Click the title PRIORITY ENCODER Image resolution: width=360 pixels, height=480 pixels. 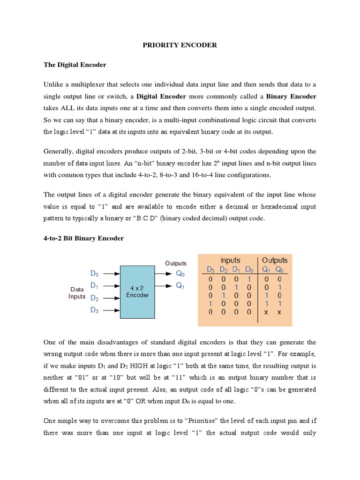pos(180,45)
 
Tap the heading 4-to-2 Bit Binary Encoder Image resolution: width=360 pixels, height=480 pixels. pos(83,238)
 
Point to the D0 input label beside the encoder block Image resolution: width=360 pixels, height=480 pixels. pos(95,273)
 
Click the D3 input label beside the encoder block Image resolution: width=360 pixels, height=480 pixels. pos(95,310)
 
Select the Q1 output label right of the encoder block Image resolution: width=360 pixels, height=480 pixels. pos(180,286)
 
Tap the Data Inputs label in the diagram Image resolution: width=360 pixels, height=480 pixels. pos(77,293)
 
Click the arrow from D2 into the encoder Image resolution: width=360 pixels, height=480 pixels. pos(111,298)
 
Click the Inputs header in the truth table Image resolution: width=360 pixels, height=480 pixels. pos(230,260)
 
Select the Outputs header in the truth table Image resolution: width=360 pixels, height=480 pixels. pos(275,260)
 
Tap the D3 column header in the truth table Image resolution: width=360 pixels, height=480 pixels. pos(211,270)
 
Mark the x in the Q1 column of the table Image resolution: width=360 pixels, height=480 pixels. pos(266,312)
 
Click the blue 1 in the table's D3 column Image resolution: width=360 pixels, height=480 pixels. pos(210,303)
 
